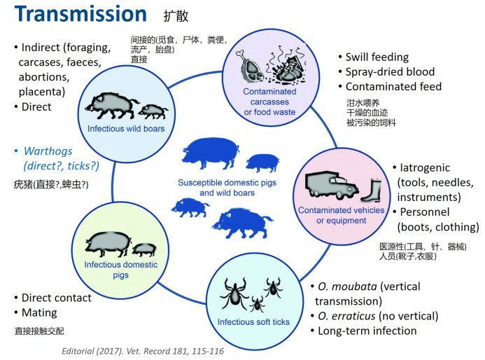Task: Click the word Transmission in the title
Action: (80, 14)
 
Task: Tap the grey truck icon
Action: (332, 185)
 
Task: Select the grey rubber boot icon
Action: (372, 191)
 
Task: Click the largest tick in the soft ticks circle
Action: (234, 293)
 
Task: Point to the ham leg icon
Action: (250, 66)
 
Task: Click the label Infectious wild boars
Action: (126, 128)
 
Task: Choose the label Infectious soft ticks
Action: (253, 322)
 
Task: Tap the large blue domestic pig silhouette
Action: (211, 153)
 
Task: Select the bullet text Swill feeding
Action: (377, 57)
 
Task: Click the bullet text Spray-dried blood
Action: (390, 72)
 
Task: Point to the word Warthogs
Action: (48, 151)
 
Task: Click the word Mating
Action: (39, 312)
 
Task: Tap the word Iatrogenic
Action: (425, 168)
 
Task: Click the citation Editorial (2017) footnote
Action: (143, 352)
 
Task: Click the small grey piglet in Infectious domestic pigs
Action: (144, 249)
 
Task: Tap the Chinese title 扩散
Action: (176, 16)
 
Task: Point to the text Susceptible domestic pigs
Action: (227, 183)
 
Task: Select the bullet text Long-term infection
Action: (367, 331)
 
